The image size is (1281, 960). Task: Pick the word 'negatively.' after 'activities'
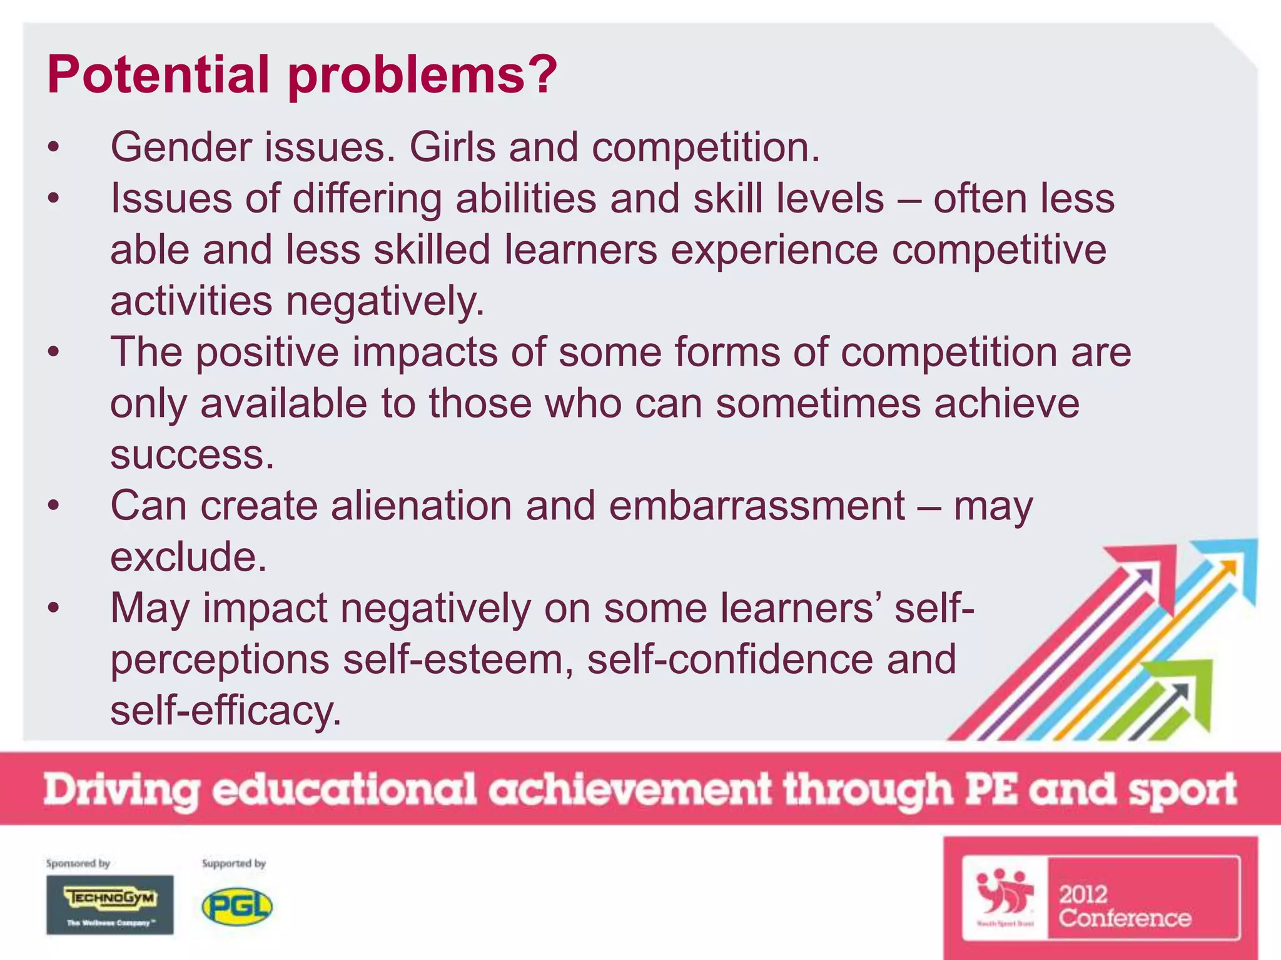point(385,302)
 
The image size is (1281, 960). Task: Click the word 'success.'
point(192,454)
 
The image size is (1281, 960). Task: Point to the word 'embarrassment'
point(756,506)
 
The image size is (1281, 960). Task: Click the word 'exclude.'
point(188,557)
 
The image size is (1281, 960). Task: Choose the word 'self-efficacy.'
point(226,711)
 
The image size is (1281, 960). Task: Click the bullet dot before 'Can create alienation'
point(54,506)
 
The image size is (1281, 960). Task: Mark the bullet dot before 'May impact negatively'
point(54,608)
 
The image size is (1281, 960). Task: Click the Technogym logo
point(110,904)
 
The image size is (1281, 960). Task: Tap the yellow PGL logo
point(237,907)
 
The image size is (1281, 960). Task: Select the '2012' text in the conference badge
point(1083,894)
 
